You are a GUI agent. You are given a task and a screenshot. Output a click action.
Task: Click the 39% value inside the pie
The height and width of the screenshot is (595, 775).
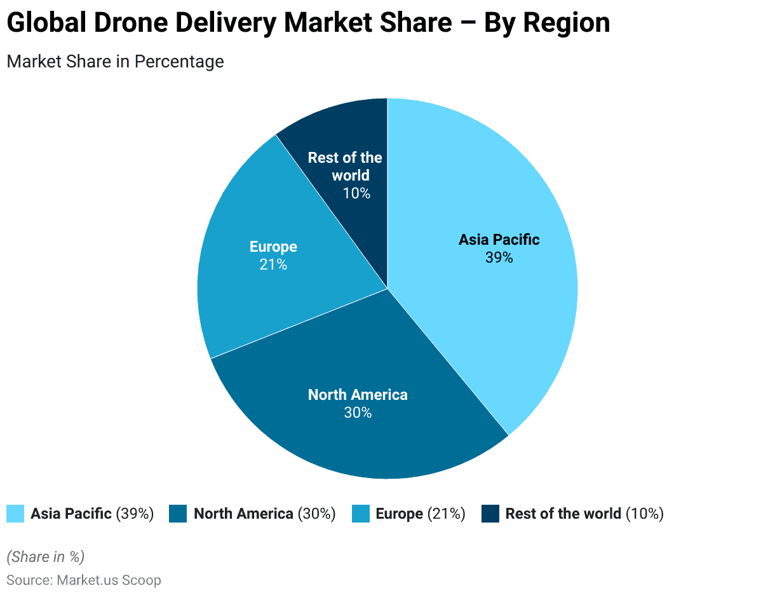(x=499, y=257)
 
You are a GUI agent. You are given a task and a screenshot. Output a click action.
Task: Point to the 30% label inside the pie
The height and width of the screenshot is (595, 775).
(x=358, y=413)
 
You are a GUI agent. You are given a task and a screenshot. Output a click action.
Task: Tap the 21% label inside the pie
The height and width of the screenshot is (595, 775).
(x=273, y=264)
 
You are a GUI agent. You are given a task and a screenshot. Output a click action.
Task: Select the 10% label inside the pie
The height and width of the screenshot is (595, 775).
(x=356, y=193)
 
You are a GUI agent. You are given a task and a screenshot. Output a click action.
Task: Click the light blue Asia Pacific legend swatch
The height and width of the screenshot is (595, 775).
(x=15, y=514)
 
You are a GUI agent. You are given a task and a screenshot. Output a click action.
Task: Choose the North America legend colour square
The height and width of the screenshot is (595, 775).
(x=179, y=514)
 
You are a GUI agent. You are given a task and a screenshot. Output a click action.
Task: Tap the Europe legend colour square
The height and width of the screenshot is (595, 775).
(x=361, y=514)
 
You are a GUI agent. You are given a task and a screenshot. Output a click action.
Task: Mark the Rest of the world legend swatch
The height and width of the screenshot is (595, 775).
(x=490, y=514)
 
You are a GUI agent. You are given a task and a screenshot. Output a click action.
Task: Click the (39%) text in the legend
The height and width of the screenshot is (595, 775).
(x=135, y=514)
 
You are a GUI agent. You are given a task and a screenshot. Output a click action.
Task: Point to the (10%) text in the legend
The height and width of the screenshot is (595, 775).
(x=645, y=514)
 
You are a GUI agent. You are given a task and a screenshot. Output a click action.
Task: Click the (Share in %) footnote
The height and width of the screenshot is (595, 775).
(x=45, y=557)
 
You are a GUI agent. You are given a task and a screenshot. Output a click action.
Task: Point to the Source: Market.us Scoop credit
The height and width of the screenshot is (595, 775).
(x=84, y=580)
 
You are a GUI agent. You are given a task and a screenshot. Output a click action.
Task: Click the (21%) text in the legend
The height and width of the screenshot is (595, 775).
(x=447, y=514)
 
